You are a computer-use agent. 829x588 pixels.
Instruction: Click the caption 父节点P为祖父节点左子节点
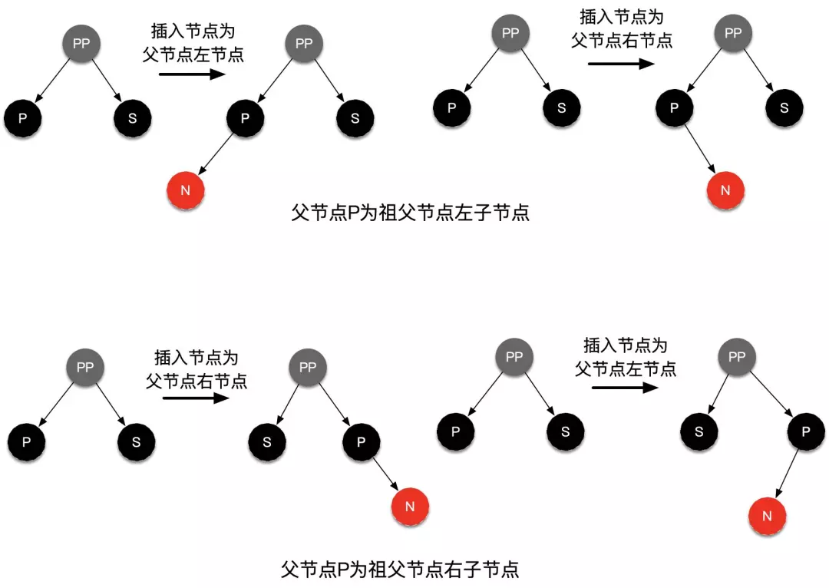[x=411, y=213]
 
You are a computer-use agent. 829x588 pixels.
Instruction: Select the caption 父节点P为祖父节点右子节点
[x=401, y=570]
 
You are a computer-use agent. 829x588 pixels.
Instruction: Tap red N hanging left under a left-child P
[x=185, y=190]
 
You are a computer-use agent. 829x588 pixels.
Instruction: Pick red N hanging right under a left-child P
[x=725, y=189]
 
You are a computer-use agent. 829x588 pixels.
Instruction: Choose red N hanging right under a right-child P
[x=410, y=506]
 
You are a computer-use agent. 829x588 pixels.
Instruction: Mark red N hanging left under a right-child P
[x=767, y=516]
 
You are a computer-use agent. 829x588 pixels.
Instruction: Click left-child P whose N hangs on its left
[x=245, y=118]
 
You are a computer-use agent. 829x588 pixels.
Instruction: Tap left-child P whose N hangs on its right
[x=674, y=107]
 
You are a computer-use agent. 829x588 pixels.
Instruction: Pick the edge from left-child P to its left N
[x=216, y=153]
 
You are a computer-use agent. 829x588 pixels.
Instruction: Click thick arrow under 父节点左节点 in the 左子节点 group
[x=192, y=74]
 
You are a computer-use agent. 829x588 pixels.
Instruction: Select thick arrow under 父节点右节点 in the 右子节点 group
[x=197, y=398]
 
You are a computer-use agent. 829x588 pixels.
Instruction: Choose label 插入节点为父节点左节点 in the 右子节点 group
[x=626, y=357]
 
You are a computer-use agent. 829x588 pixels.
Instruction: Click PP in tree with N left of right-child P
[x=737, y=356]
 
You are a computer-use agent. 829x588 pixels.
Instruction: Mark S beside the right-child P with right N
[x=268, y=443]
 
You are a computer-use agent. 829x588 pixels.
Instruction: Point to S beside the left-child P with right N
[x=784, y=107]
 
